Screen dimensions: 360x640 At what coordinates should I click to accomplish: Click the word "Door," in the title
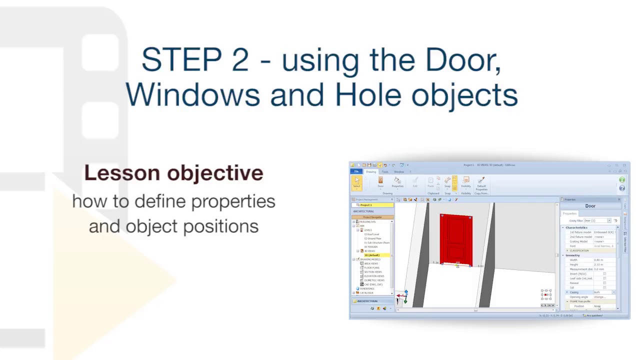click(463, 60)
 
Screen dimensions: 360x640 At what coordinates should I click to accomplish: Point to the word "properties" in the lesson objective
click(233, 201)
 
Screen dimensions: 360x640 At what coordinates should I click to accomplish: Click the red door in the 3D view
click(456, 239)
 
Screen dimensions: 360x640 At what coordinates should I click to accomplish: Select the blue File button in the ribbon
click(356, 171)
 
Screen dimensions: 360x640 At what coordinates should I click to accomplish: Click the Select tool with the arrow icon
click(356, 182)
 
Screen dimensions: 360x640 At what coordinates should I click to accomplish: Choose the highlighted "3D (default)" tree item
click(372, 255)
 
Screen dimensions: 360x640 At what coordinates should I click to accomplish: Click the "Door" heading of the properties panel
click(590, 206)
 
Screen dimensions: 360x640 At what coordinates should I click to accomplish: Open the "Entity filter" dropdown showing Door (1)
click(597, 220)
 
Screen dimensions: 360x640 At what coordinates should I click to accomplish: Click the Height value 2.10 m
click(598, 264)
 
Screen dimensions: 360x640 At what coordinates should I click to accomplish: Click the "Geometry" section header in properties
click(573, 255)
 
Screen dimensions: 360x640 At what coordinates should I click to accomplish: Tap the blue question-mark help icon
click(622, 188)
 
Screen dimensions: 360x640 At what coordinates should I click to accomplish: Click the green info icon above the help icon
click(622, 180)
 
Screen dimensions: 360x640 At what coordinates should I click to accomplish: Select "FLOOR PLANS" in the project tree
click(371, 268)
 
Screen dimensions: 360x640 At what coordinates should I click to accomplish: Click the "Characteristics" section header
click(576, 227)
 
